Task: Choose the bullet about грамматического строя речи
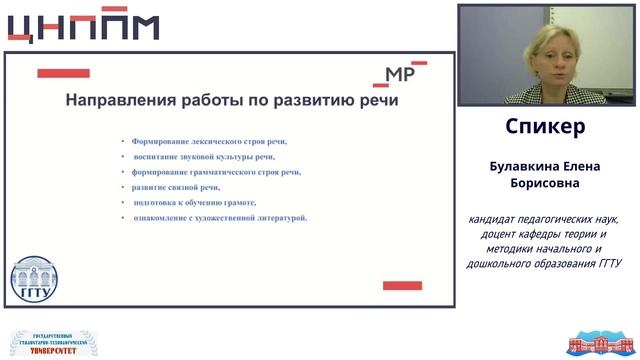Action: tap(216, 172)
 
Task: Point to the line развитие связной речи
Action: tap(176, 187)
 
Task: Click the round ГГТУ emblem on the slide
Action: tap(34, 281)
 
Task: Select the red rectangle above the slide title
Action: tap(63, 73)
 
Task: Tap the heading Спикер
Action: tap(545, 128)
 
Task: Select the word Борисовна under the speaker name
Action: tap(545, 184)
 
